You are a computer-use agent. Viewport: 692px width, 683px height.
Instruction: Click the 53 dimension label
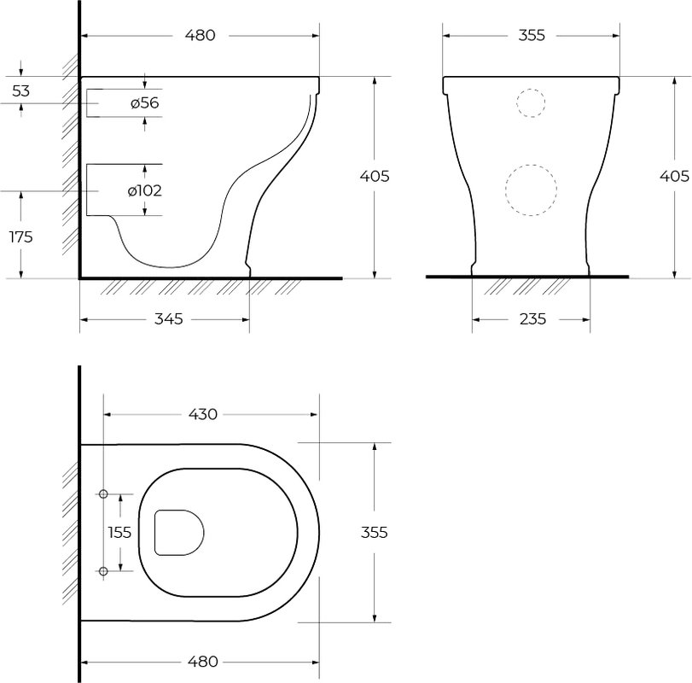[x=20, y=91]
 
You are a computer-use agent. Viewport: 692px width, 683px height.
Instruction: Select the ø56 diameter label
[x=145, y=102]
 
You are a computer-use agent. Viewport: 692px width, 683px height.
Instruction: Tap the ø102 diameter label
[x=145, y=190]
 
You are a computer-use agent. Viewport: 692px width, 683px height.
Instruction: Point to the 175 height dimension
[x=21, y=237]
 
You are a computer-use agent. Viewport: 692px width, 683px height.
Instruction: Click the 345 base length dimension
[x=169, y=318]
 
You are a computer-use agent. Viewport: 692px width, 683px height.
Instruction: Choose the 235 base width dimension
[x=532, y=318]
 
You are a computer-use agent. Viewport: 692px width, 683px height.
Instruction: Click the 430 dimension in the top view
[x=203, y=414]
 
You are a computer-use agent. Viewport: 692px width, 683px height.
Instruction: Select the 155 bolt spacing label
[x=119, y=533]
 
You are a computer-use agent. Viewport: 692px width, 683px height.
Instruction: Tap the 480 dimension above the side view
[x=200, y=35]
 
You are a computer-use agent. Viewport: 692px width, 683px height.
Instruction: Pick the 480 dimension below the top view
[x=203, y=662]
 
